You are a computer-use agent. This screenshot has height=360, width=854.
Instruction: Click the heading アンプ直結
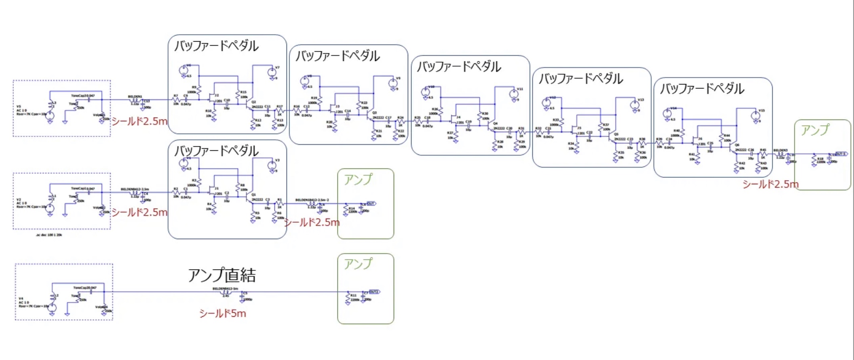point(221,275)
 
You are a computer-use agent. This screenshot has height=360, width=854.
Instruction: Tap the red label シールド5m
point(222,314)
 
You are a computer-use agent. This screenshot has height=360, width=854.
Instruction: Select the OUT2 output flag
point(374,292)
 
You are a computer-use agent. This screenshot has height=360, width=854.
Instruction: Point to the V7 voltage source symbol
point(272,73)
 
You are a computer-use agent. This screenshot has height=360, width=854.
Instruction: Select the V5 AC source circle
point(50,116)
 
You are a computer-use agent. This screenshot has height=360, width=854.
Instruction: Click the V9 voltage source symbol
point(393,84)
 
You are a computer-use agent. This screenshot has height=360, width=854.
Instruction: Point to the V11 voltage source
point(514,94)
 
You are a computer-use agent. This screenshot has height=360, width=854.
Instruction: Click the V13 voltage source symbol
point(635,105)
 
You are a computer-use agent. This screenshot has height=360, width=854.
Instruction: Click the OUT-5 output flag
point(841,154)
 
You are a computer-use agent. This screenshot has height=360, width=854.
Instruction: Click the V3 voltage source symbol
point(272,166)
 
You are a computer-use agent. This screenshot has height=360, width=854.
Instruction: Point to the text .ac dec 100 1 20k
point(49,235)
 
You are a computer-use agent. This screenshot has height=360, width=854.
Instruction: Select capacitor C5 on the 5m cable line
point(242,297)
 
